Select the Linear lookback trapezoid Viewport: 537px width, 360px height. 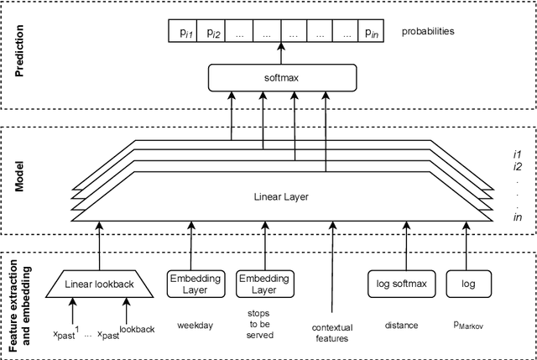100,284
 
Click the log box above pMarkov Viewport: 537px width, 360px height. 467,284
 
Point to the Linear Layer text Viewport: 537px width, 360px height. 281,197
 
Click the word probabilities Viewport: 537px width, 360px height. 428,31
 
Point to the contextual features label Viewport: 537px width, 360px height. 332,332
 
